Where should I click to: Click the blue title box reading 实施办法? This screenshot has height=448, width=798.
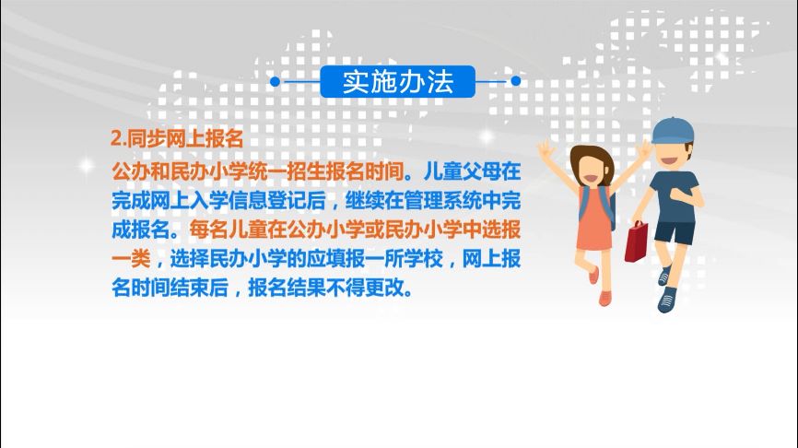pyautogui.click(x=398, y=81)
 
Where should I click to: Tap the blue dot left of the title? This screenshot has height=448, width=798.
pyautogui.click(x=276, y=81)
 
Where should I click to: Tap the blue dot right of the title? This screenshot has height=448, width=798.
pyautogui.click(x=516, y=81)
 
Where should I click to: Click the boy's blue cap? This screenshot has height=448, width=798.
pyautogui.click(x=672, y=129)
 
